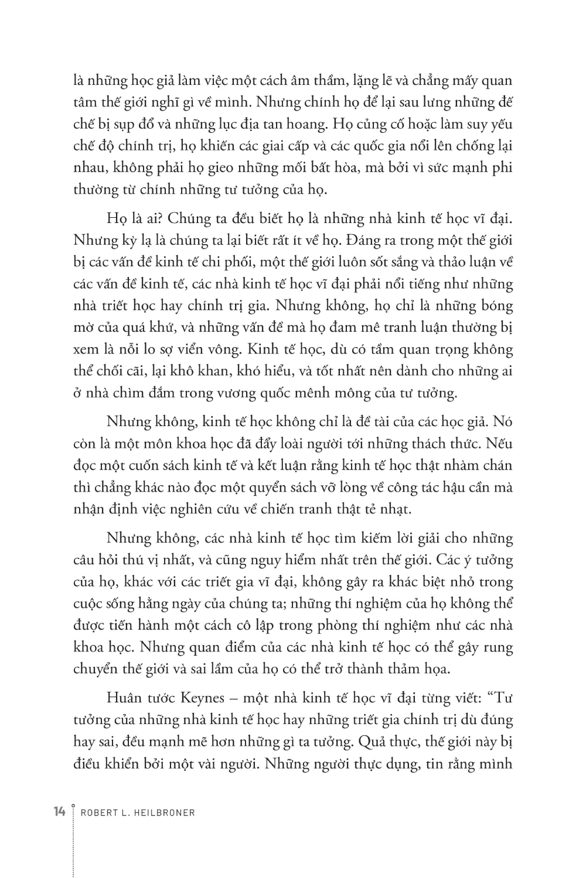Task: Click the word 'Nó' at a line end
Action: [x=504, y=421]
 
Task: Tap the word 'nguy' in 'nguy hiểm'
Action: [x=265, y=560]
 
